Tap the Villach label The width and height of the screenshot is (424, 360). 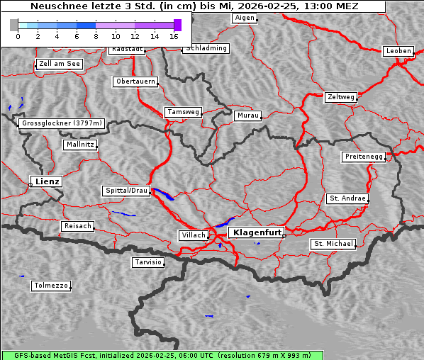point(194,235)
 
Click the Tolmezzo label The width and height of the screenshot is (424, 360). point(51,286)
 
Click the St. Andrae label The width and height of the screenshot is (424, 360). point(347,198)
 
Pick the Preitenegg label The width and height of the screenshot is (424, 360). point(364,157)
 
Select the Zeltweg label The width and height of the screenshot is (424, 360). point(341,96)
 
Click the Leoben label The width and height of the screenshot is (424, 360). point(398,51)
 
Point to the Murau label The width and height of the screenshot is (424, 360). point(248,116)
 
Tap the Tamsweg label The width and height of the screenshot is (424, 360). point(184,112)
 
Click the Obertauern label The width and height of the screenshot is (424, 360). point(135,81)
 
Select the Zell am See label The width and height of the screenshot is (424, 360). point(60,64)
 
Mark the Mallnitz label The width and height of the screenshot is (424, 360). point(79,145)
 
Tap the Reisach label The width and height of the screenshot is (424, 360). point(77,226)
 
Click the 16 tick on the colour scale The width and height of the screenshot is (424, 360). point(174,35)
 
